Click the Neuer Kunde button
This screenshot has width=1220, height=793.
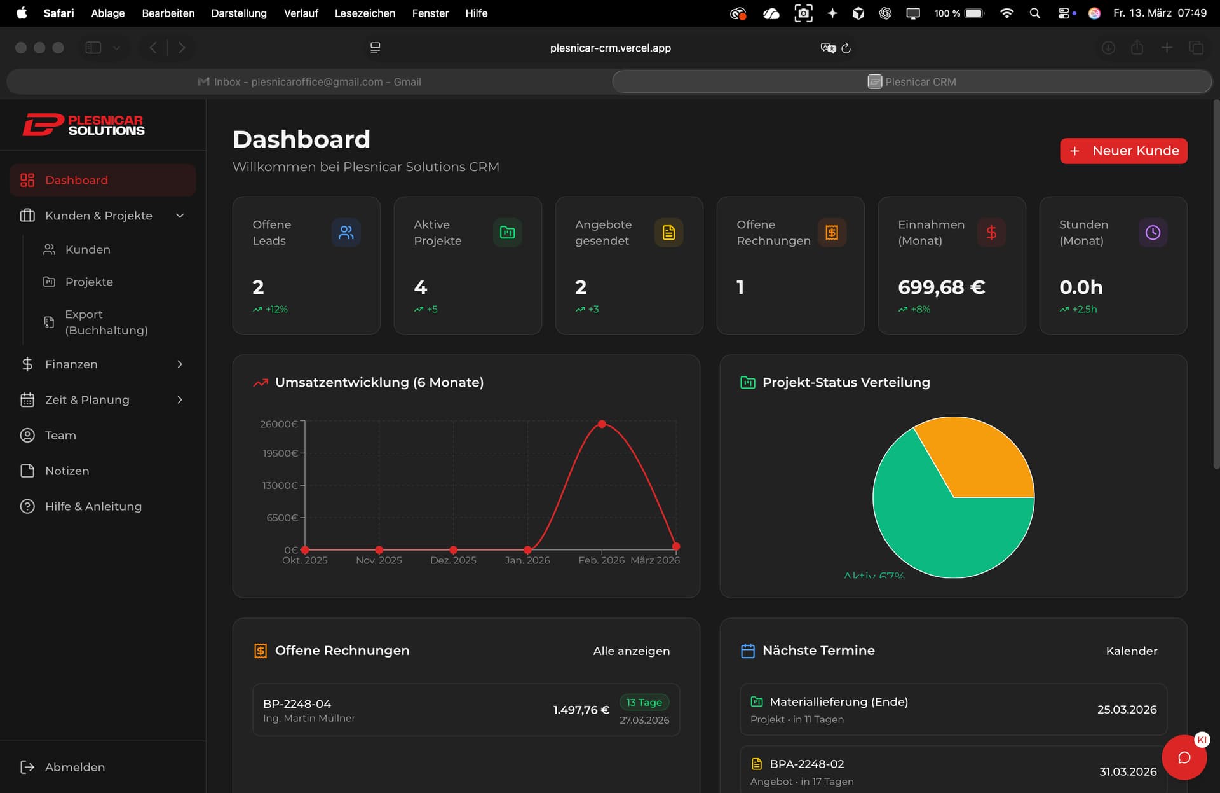coord(1123,151)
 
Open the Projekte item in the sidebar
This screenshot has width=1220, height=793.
coord(89,282)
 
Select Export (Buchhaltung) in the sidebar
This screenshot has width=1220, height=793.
coord(105,322)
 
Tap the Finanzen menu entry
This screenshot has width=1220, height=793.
coord(71,364)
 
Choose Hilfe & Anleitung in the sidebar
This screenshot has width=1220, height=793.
coord(93,506)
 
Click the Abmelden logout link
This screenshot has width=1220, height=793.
coord(74,767)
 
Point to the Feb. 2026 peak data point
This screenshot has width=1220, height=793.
coord(602,424)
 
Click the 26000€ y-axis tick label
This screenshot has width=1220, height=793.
coord(278,424)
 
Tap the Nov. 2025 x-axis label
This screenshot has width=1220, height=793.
coord(379,560)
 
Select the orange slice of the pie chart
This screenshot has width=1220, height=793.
coord(979,458)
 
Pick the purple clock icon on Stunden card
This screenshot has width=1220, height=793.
coord(1152,233)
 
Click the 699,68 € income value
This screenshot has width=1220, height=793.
coord(941,287)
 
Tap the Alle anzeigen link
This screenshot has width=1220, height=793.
coord(631,651)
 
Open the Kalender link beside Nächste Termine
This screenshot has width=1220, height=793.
coord(1131,651)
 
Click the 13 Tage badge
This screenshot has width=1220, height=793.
coord(644,702)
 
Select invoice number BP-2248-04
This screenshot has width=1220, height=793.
coord(297,704)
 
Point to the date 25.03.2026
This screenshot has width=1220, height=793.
coord(1127,710)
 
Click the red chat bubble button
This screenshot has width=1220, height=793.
coord(1183,757)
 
